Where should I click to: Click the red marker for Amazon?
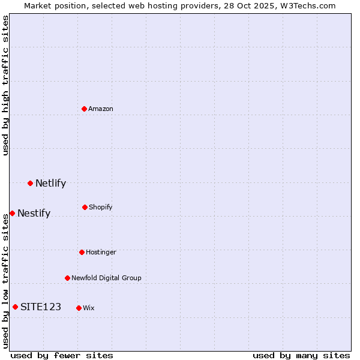tap(85, 109)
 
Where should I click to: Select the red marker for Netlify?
tap(30, 183)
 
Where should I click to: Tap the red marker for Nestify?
tap(12, 213)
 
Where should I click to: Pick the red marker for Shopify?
tap(85, 207)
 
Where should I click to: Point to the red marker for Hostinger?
tap(82, 252)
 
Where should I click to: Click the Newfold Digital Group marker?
tap(67, 278)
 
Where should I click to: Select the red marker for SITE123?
tap(15, 307)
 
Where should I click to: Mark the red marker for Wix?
tap(79, 308)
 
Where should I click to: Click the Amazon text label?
tap(101, 109)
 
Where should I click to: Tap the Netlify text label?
tap(50, 184)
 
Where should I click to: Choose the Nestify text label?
tap(34, 214)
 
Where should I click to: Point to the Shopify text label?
tap(101, 208)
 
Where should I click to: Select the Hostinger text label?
tap(101, 253)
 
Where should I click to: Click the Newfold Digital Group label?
tap(106, 278)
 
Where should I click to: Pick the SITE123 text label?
tap(41, 307)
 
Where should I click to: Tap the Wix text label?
tap(89, 308)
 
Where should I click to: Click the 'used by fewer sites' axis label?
tap(62, 355)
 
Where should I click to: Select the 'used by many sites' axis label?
tap(301, 355)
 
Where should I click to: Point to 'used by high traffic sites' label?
tap(5, 85)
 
